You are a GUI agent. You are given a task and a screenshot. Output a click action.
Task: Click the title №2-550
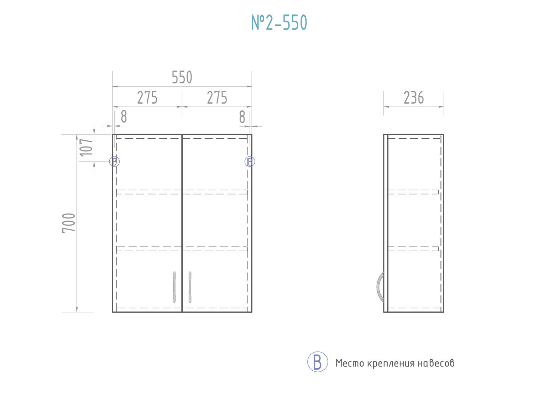[x=279, y=22]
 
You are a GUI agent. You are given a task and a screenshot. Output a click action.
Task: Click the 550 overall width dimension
[x=182, y=77]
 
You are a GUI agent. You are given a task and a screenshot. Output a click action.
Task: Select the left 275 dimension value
[x=147, y=98]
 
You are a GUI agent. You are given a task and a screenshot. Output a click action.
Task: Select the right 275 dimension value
[x=217, y=98]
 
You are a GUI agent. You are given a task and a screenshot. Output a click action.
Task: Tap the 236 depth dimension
[x=414, y=98]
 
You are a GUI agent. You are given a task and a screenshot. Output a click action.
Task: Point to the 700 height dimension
[x=69, y=223]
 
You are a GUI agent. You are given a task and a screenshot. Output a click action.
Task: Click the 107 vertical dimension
[x=86, y=148]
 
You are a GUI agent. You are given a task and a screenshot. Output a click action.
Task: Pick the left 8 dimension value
[x=124, y=117]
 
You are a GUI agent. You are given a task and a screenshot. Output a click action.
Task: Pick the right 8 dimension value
[x=242, y=117]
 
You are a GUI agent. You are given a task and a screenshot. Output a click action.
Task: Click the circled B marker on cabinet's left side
[x=114, y=161]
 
